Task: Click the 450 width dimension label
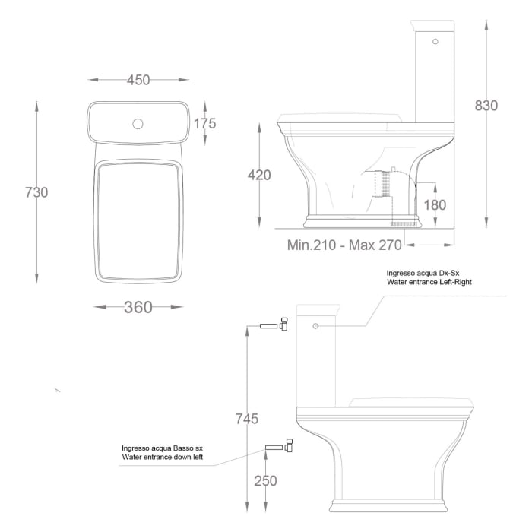[x=138, y=80]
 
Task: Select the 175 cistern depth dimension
[x=205, y=123]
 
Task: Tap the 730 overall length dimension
[x=36, y=192]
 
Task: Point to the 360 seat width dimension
[x=138, y=307]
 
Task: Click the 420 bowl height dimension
[x=259, y=176]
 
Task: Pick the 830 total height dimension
[x=486, y=106]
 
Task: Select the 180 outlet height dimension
[x=435, y=204]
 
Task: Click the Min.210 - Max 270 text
[x=344, y=245]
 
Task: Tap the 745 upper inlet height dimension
[x=246, y=418]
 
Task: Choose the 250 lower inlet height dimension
[x=265, y=480]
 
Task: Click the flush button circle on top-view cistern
[x=138, y=122]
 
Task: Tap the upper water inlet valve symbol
[x=273, y=325]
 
